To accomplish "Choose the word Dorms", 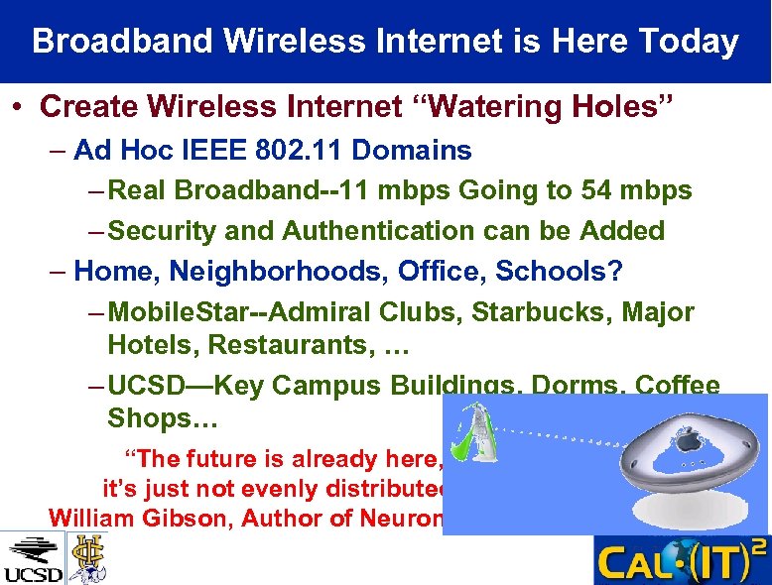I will click(571, 386).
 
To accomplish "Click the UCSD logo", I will click(32, 559).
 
